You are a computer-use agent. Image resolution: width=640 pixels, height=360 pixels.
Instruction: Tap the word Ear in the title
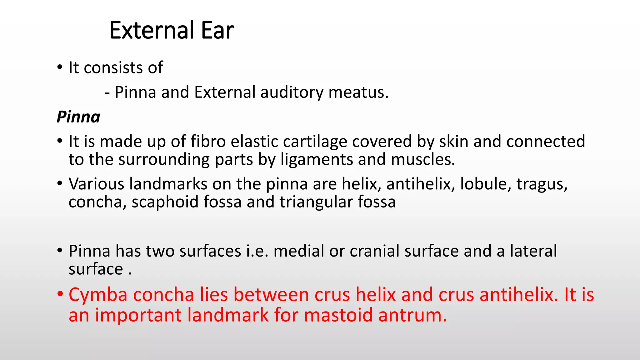point(217,30)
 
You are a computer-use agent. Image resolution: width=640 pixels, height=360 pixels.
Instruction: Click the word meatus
point(358,92)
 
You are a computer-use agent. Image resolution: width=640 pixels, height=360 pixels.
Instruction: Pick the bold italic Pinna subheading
point(78,117)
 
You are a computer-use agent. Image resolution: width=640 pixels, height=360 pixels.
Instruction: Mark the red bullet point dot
point(60,294)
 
